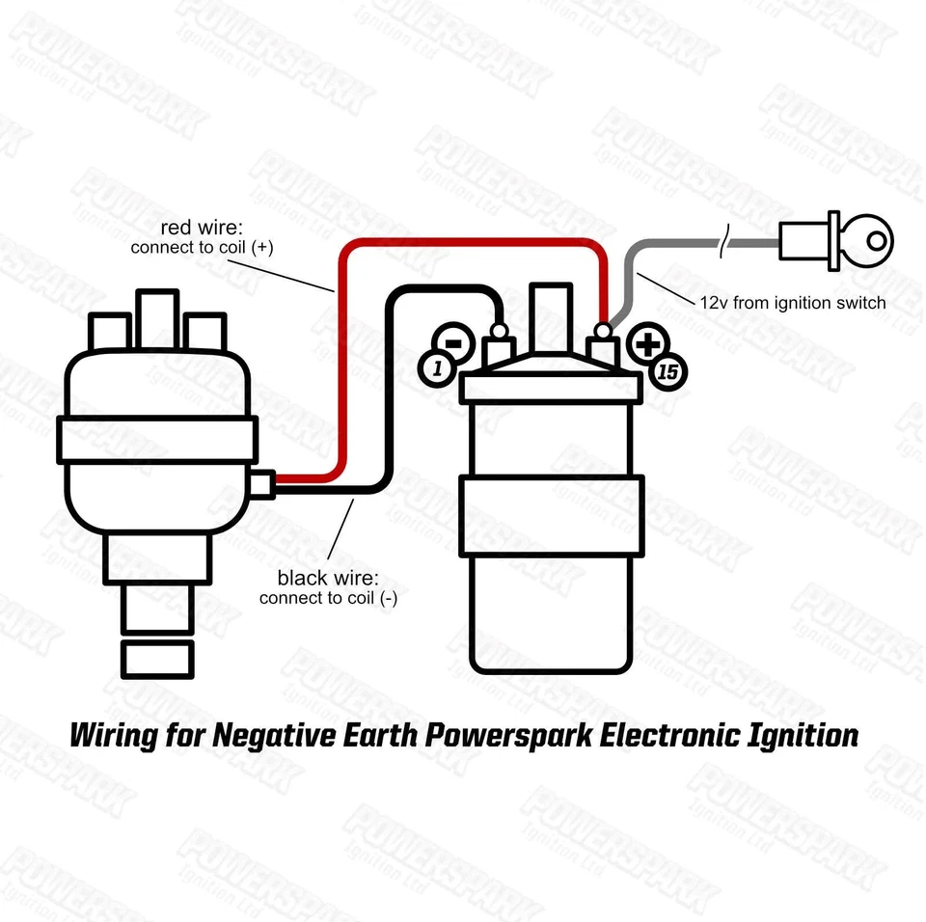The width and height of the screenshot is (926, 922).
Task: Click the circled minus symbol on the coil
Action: [451, 341]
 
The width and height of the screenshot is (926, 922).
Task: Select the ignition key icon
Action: [837, 240]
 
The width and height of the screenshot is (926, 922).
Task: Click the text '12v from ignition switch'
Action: [792, 303]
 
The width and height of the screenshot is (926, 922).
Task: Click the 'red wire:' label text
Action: [203, 228]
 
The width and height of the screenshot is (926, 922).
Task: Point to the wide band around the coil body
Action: [552, 517]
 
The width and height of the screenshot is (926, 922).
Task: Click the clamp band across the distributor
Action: [156, 439]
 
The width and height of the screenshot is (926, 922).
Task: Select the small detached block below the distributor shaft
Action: [157, 658]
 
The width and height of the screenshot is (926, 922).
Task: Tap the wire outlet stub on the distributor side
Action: [264, 481]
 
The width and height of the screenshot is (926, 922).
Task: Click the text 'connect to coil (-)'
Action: [328, 599]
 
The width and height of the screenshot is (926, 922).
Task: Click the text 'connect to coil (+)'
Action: [203, 248]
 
